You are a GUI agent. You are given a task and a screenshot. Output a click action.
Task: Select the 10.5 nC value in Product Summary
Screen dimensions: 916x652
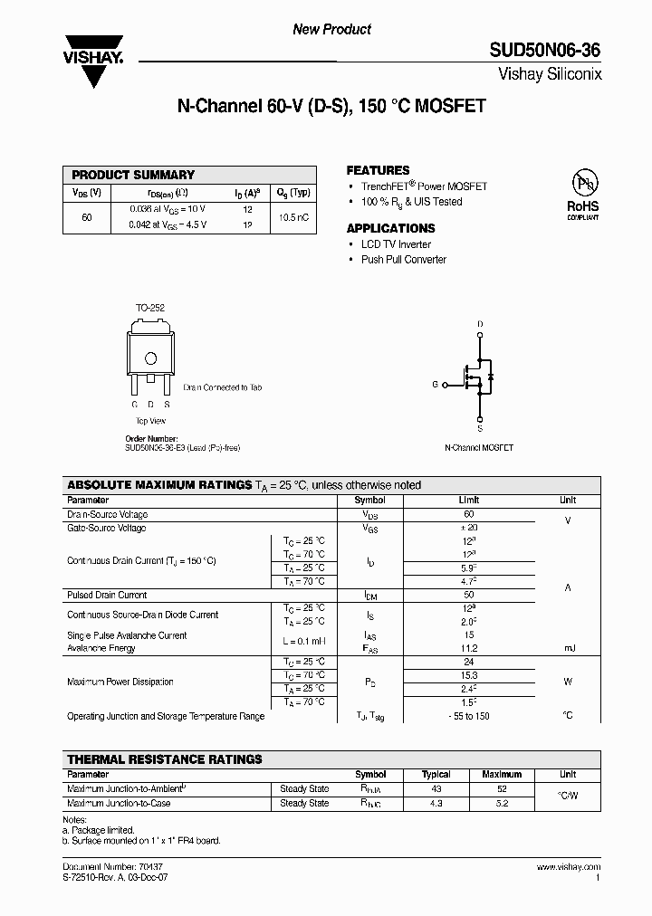pyautogui.click(x=293, y=217)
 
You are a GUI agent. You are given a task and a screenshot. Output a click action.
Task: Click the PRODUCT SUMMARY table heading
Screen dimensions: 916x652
pyautogui.click(x=133, y=175)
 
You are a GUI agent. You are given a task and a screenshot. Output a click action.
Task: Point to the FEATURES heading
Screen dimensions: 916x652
pyautogui.click(x=378, y=170)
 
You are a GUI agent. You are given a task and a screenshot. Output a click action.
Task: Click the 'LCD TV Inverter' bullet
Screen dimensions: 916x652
pyautogui.click(x=396, y=244)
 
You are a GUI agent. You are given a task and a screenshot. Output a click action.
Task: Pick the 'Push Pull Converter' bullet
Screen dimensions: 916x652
pyautogui.click(x=403, y=260)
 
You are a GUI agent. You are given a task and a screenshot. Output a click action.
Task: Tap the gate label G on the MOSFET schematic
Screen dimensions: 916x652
pyautogui.click(x=435, y=384)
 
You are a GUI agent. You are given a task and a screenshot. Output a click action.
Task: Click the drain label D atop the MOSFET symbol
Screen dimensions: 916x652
pyautogui.click(x=480, y=324)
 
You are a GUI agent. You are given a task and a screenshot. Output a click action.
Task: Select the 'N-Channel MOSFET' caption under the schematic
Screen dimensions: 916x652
pyautogui.click(x=479, y=448)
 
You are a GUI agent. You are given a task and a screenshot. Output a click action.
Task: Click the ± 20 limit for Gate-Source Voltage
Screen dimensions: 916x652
pyautogui.click(x=468, y=528)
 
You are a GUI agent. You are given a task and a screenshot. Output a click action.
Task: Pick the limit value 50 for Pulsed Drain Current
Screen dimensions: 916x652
pyautogui.click(x=468, y=595)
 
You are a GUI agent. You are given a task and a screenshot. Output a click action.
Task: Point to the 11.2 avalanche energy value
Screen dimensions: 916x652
pyautogui.click(x=468, y=648)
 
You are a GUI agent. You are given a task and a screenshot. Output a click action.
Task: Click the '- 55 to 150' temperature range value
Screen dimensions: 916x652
pyautogui.click(x=468, y=716)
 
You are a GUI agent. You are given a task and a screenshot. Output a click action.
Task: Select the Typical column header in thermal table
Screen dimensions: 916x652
pyautogui.click(x=436, y=775)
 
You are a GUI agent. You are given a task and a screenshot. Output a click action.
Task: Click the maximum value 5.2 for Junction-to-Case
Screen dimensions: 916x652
pyautogui.click(x=502, y=803)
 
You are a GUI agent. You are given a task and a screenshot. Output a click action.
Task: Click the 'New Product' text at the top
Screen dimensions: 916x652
pyautogui.click(x=331, y=29)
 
